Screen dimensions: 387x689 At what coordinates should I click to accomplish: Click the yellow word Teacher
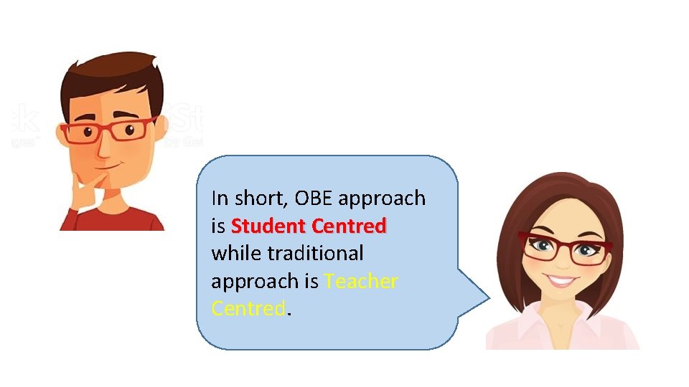click(x=360, y=282)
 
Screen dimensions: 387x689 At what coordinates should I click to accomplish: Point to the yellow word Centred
click(x=248, y=309)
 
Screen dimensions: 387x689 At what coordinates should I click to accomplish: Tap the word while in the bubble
click(x=236, y=254)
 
